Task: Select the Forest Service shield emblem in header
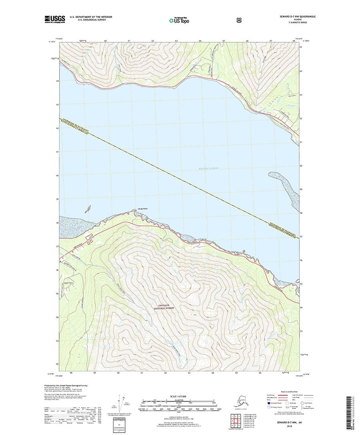239,18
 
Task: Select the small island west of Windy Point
88,209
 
